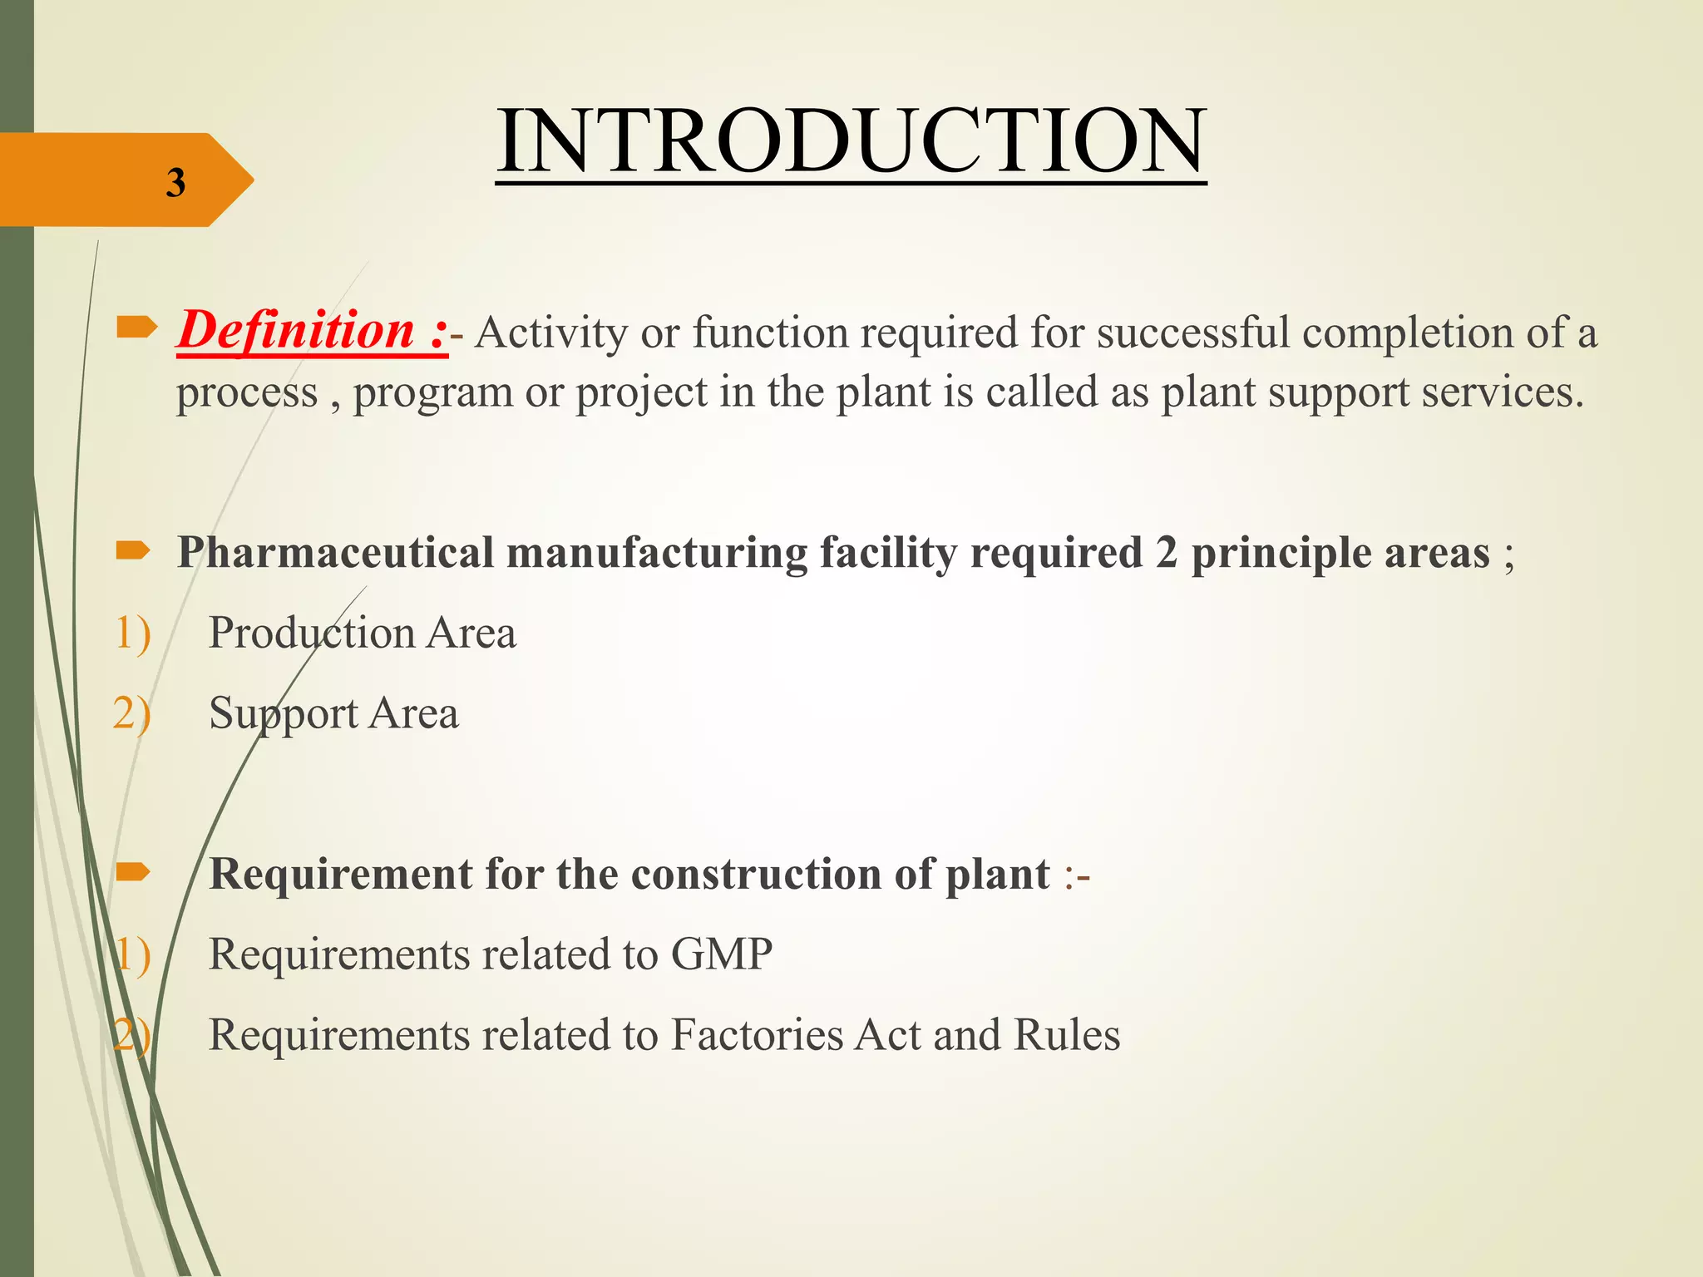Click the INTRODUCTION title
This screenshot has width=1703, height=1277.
point(851,141)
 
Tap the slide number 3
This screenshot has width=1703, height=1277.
point(175,183)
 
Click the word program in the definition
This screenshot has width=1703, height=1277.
point(433,392)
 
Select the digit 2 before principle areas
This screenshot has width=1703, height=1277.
point(1166,553)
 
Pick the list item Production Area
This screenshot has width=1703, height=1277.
point(362,633)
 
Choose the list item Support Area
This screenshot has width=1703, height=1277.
point(333,713)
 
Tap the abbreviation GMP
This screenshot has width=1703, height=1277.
point(722,954)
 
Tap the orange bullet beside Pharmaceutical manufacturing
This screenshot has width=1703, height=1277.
point(133,550)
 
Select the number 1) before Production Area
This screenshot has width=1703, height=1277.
point(132,633)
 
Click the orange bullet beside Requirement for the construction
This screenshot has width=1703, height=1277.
point(133,871)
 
